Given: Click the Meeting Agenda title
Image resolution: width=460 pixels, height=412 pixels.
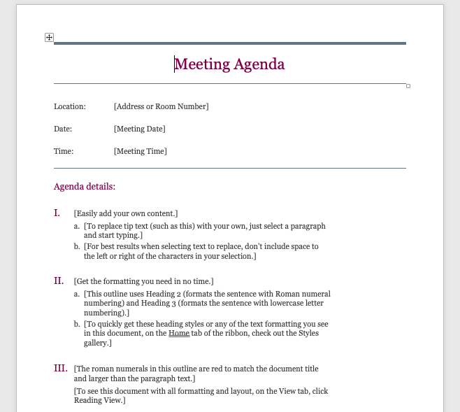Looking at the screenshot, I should tap(229, 64).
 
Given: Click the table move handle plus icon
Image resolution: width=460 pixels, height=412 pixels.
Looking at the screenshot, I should tap(49, 37).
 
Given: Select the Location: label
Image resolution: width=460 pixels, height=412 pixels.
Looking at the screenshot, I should tap(70, 106).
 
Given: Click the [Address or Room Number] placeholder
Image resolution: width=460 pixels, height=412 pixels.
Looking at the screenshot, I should tap(161, 106).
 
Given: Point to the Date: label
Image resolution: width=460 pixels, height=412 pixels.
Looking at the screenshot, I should tap(63, 129).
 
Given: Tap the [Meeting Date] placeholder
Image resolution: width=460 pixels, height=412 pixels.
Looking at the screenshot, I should tap(139, 129).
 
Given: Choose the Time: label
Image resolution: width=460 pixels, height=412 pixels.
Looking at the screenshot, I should tap(64, 151).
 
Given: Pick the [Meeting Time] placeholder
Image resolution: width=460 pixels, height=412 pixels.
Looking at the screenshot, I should tap(140, 151).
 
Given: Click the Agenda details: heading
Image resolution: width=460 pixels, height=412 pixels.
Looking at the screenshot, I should tap(85, 187).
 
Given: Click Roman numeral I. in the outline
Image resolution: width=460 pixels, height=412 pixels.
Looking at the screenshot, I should tap(57, 213).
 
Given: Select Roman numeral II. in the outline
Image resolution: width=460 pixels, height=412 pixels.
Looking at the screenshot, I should tap(59, 280).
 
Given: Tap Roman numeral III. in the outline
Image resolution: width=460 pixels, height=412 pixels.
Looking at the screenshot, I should tap(61, 368).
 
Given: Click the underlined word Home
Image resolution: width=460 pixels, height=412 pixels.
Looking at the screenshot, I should tap(179, 334).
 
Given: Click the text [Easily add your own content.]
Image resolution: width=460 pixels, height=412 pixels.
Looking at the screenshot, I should tap(126, 213).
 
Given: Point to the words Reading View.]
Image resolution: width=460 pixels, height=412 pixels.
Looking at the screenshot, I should tap(99, 401).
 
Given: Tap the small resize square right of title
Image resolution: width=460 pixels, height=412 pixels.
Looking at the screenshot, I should tap(408, 86).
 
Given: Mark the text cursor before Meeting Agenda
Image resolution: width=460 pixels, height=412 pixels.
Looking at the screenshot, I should tap(175, 64).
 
